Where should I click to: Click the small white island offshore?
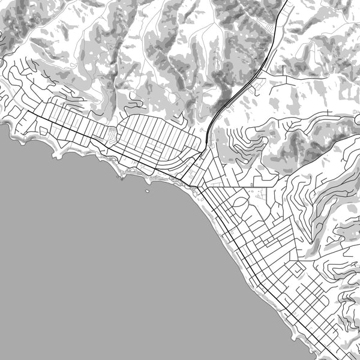[148, 192]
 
